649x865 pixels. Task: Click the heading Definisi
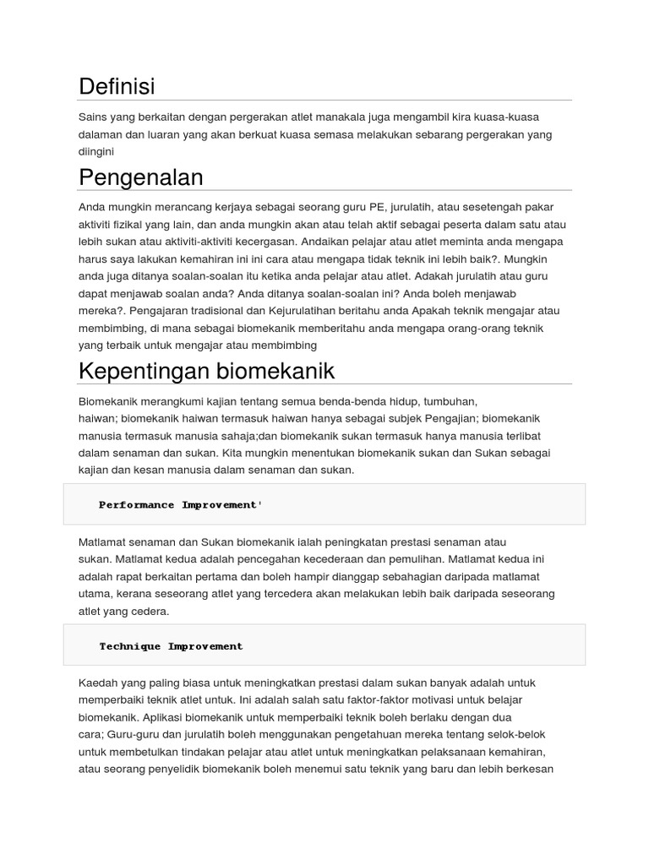tap(117, 86)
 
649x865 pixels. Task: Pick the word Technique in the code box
tap(130, 646)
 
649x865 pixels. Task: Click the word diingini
tap(95, 152)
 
